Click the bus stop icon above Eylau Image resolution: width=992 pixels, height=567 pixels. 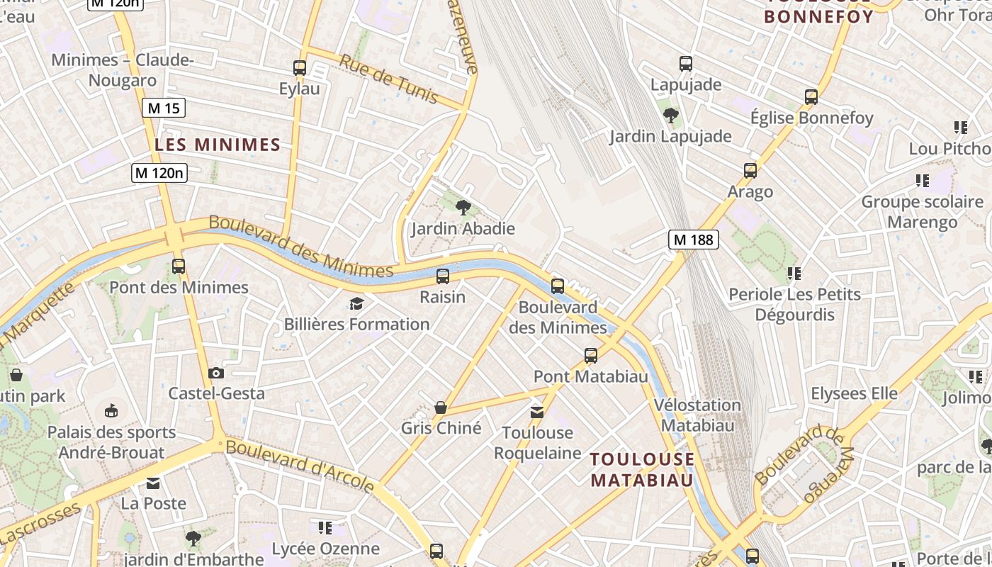click(300, 68)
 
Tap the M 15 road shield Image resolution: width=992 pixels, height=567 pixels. click(164, 108)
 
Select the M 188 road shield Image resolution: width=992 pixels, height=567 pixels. click(693, 240)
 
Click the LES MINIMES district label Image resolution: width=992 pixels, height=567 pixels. click(218, 145)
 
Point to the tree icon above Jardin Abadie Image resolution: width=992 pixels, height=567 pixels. click(463, 208)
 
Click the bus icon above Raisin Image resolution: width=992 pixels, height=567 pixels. click(443, 276)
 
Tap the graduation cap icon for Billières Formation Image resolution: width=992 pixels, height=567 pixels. click(356, 304)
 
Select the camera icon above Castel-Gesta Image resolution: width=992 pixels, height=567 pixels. click(216, 373)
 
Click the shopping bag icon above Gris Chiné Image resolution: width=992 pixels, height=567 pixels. click(441, 408)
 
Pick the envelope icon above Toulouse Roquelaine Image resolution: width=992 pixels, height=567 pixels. click(537, 412)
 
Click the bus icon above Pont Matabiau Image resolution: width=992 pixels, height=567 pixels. click(591, 356)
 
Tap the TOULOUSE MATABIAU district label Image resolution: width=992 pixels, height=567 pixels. click(642, 469)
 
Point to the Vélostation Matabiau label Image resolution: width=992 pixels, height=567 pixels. click(697, 415)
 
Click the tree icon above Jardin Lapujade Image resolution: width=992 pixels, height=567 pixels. click(670, 115)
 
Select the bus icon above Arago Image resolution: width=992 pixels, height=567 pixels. click(750, 171)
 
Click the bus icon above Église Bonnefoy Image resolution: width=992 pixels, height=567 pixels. click(811, 97)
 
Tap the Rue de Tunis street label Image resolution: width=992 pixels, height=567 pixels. click(388, 79)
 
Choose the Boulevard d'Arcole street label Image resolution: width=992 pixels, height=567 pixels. click(300, 466)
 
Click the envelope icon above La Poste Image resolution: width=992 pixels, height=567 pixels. click(153, 483)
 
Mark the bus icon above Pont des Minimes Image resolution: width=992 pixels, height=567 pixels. click(179, 266)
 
